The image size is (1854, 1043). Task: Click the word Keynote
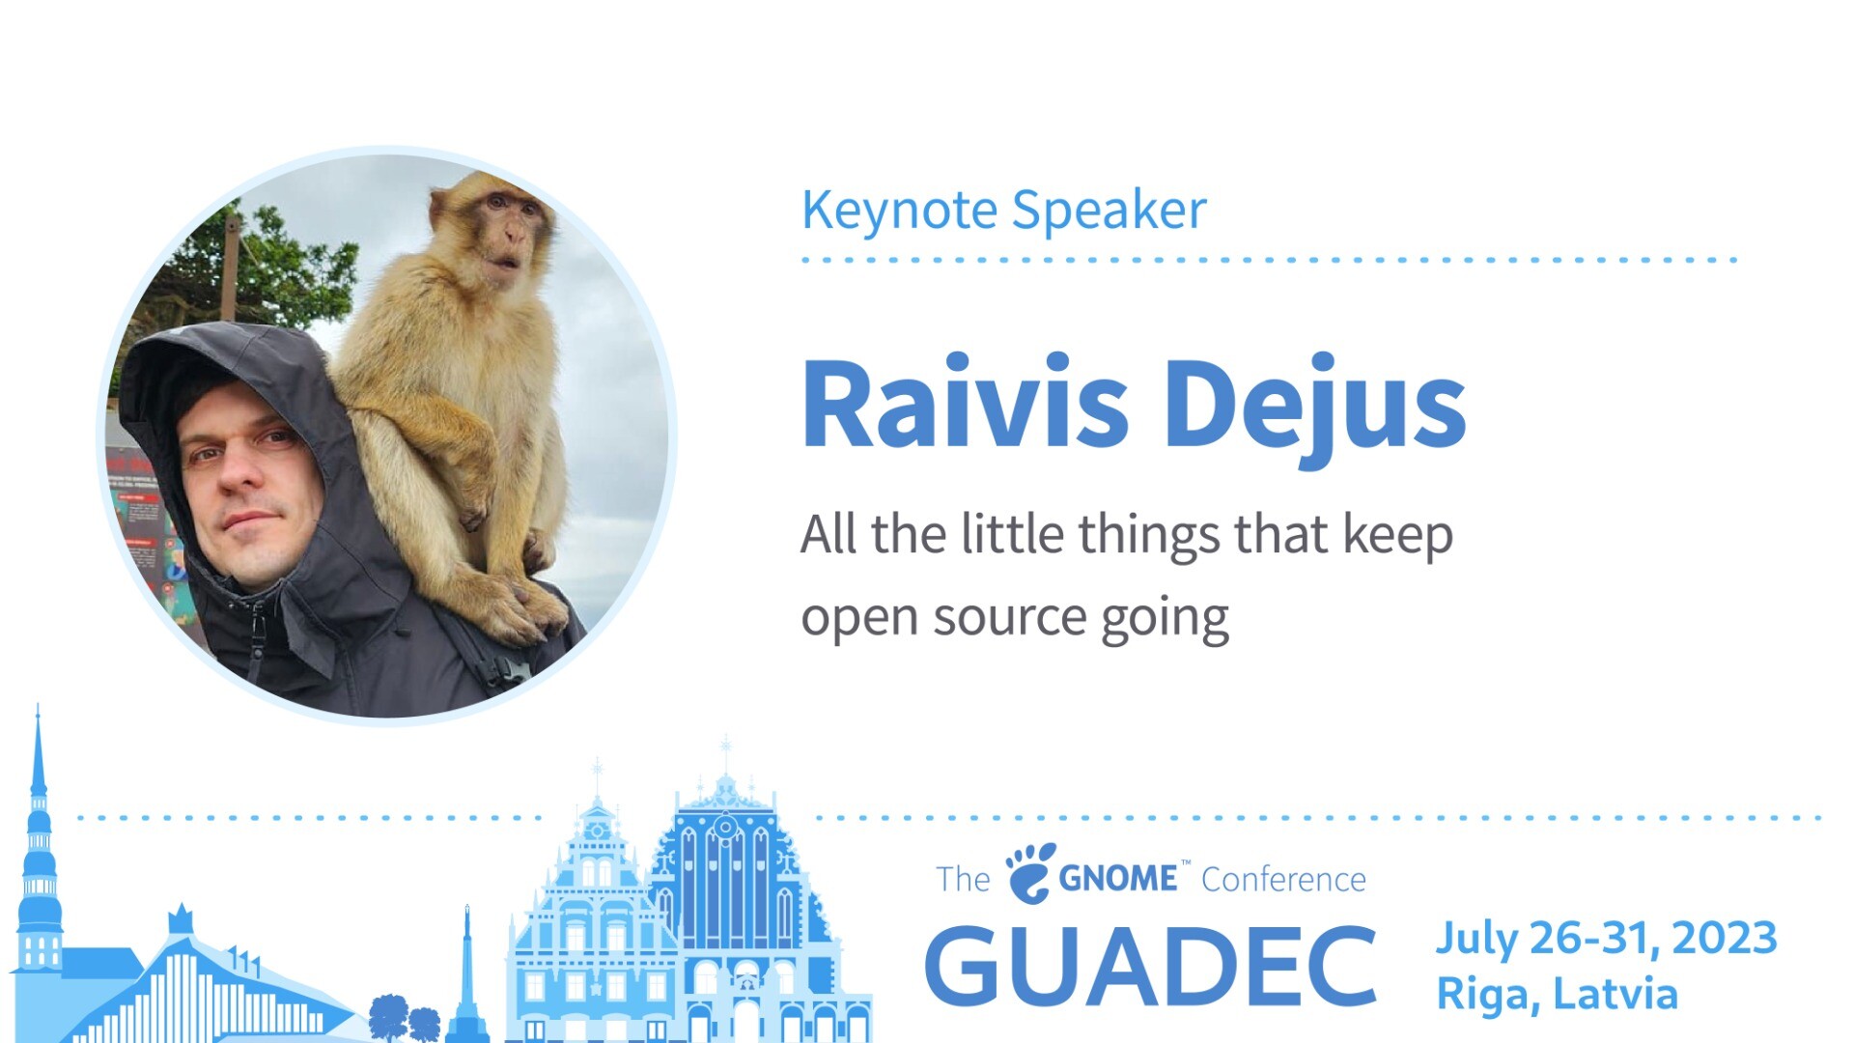click(x=899, y=211)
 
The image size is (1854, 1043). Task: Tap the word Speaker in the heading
click(x=1110, y=211)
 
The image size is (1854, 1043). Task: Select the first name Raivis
click(x=965, y=404)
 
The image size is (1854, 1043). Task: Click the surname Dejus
click(x=1315, y=410)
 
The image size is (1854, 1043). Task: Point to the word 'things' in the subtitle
click(x=1149, y=537)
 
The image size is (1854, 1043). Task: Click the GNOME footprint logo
click(x=1031, y=872)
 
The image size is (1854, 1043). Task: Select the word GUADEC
click(x=1150, y=965)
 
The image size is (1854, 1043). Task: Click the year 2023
click(x=1725, y=939)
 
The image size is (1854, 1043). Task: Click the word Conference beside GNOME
click(x=1283, y=880)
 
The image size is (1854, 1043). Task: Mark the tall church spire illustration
click(x=38, y=840)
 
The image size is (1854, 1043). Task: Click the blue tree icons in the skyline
click(x=406, y=1018)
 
